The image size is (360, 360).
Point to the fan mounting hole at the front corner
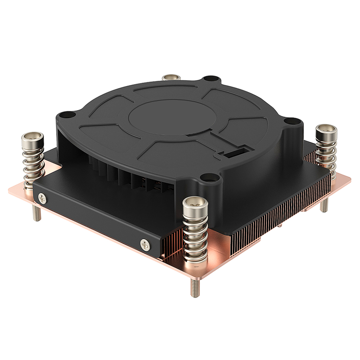coord(206,177)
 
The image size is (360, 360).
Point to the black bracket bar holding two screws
coord(94,216)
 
